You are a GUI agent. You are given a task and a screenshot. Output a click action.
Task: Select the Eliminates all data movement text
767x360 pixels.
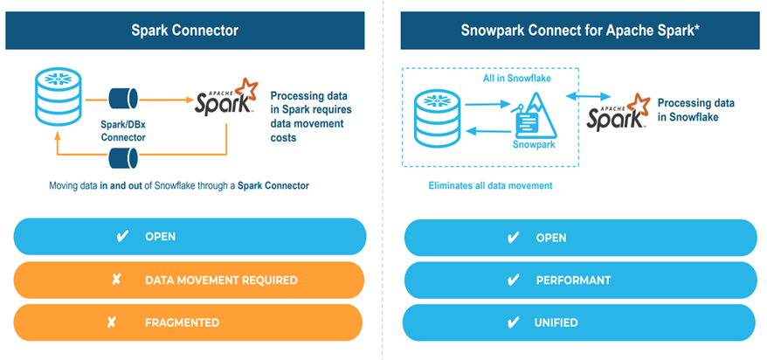[x=489, y=186]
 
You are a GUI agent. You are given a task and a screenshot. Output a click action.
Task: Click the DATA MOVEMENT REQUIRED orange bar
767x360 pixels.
[x=190, y=280]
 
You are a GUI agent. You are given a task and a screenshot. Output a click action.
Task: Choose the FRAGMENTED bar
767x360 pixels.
[x=190, y=322]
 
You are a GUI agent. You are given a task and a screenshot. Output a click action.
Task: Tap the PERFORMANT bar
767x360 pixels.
[x=580, y=280]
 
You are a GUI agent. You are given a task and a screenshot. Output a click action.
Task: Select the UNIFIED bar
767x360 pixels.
[x=580, y=322]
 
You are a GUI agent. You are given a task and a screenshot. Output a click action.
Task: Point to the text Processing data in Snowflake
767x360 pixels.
[x=695, y=109]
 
